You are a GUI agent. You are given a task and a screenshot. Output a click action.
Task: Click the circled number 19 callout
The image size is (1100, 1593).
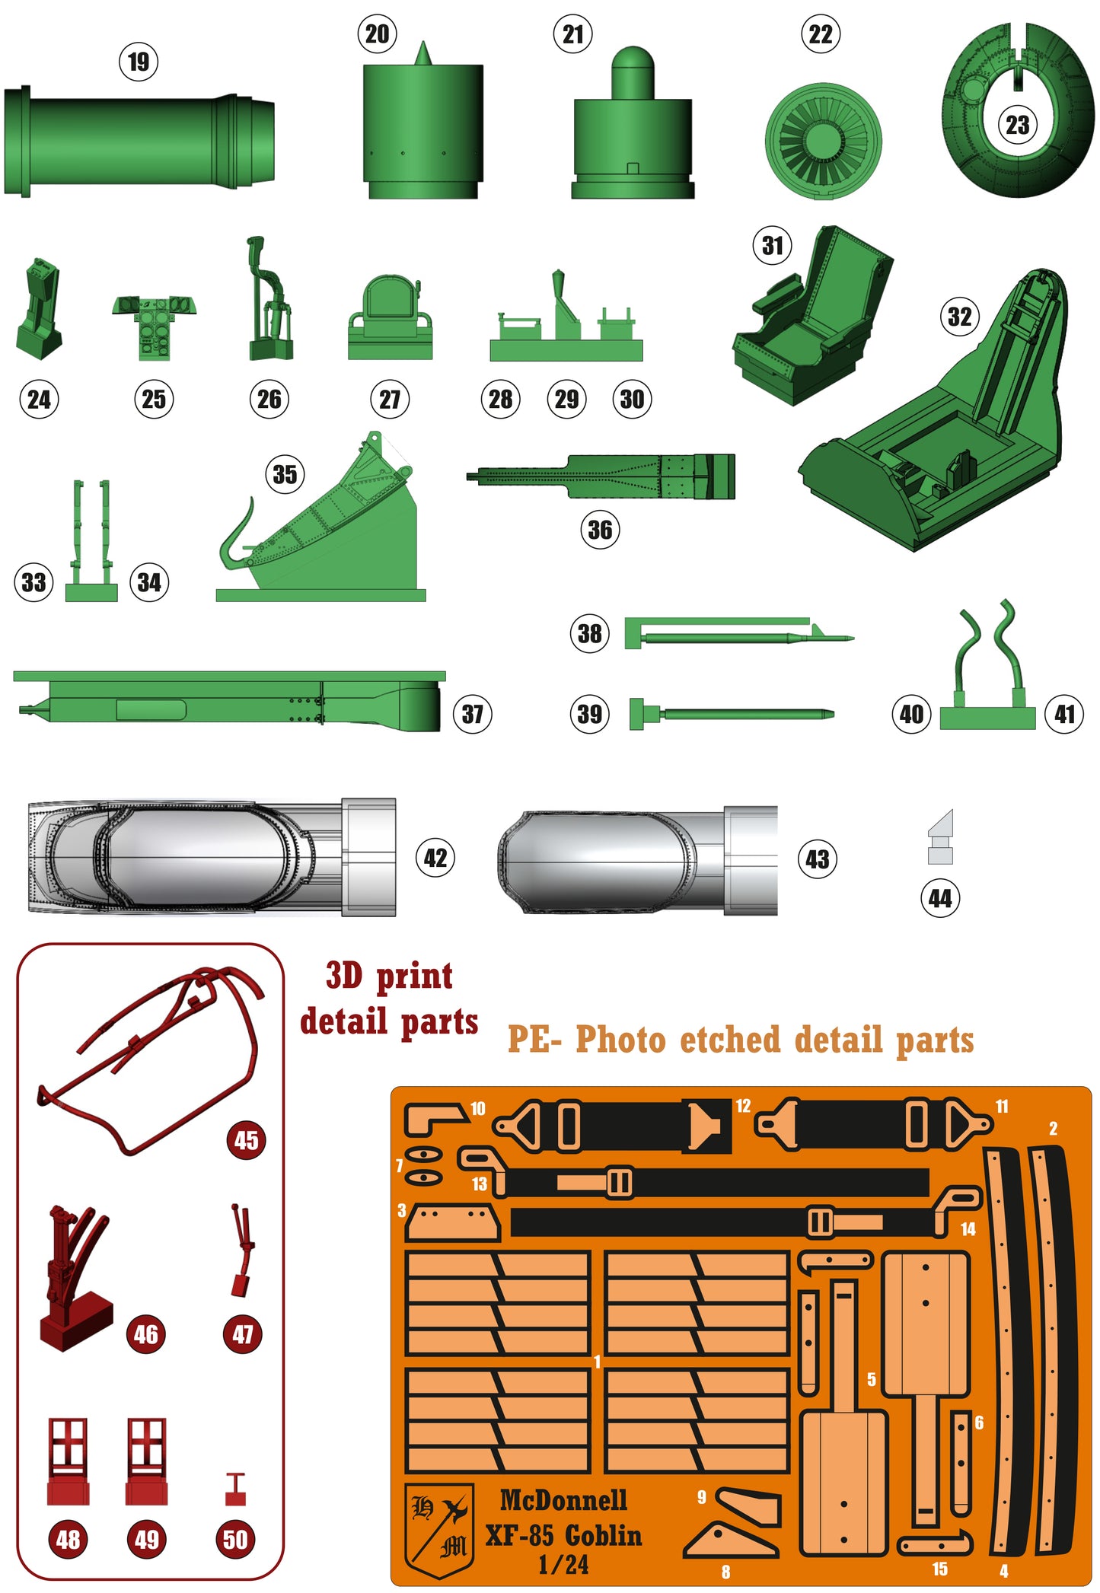139,62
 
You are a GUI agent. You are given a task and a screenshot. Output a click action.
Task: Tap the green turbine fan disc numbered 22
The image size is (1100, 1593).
823,141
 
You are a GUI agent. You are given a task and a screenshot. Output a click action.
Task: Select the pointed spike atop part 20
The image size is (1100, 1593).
423,53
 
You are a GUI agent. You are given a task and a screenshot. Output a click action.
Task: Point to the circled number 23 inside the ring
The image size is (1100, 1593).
1017,125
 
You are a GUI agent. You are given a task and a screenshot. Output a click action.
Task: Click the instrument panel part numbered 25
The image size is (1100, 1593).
155,323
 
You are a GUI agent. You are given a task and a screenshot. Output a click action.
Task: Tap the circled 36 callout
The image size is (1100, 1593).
600,530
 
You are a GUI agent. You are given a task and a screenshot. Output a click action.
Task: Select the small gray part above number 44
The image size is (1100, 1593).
941,837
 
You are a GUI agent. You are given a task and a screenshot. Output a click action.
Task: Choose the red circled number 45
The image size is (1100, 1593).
246,1140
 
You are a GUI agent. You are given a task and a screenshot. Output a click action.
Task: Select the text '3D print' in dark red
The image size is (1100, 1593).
389,976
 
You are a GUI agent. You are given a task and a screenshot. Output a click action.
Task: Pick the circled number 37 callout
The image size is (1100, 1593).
472,714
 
